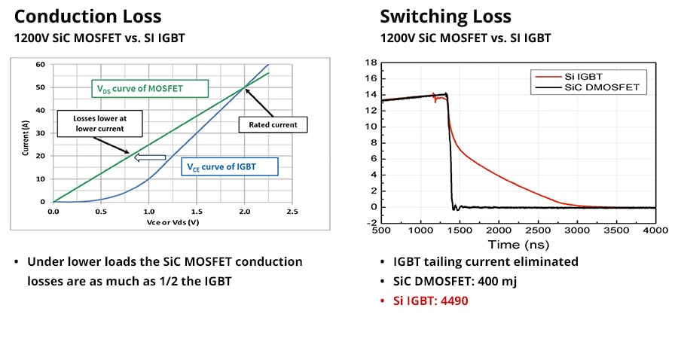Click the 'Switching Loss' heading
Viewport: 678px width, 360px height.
pyautogui.click(x=445, y=16)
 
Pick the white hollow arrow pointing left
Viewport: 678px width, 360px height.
pyautogui.click(x=149, y=157)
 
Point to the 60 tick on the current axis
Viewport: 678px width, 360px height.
pyautogui.click(x=40, y=65)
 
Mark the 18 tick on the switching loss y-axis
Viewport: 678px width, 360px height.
pyautogui.click(x=370, y=63)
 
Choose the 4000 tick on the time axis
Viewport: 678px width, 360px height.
pyautogui.click(x=654, y=230)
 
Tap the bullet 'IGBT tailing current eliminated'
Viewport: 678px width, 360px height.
pyautogui.click(x=485, y=261)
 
